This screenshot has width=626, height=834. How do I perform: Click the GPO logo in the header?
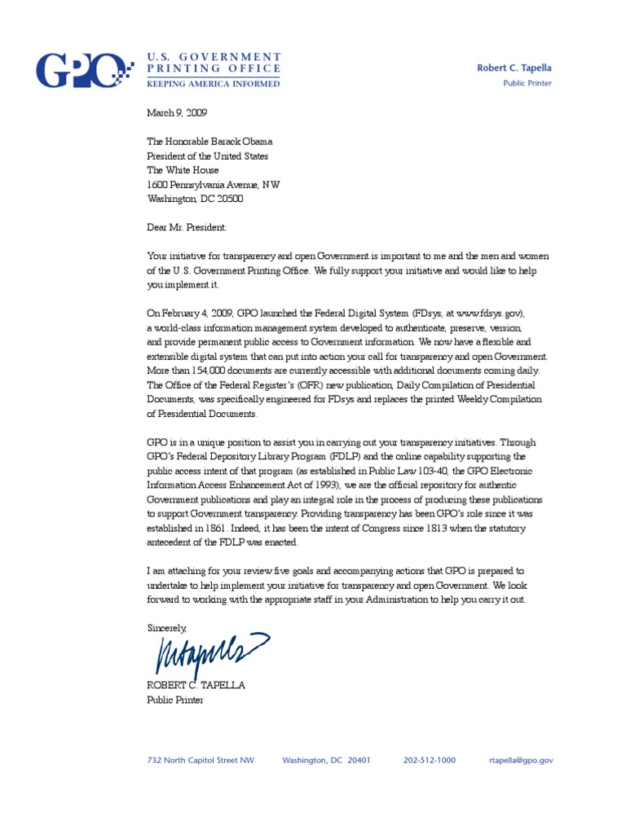(82, 70)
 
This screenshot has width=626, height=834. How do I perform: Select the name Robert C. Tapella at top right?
(514, 68)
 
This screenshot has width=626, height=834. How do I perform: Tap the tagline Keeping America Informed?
(214, 83)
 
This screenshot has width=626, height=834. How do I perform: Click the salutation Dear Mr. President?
(187, 228)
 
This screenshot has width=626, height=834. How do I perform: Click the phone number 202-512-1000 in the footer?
(430, 760)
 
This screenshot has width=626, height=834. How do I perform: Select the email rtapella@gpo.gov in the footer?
(521, 760)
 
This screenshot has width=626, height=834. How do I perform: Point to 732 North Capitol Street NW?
(201, 760)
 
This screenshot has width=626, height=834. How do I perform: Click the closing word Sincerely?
(166, 628)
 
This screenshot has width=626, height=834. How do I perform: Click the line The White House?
(183, 170)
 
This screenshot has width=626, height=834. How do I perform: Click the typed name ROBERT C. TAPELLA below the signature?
(196, 685)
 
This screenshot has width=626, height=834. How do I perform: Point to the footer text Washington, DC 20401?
(326, 760)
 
